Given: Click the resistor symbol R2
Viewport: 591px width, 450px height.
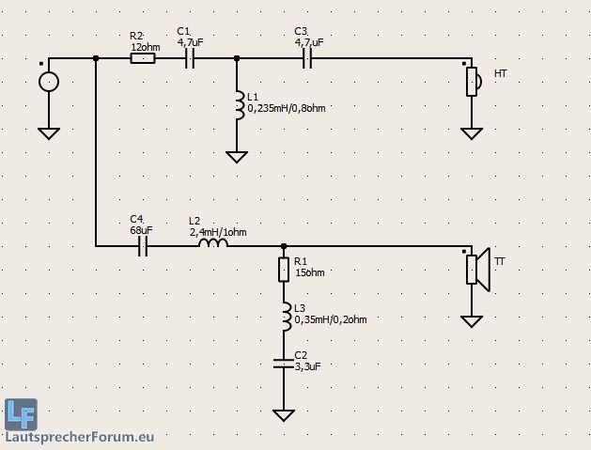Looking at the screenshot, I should [x=142, y=58].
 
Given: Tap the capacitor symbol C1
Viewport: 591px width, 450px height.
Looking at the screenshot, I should [x=189, y=58].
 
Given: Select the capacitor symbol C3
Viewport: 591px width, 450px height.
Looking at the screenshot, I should [x=306, y=58].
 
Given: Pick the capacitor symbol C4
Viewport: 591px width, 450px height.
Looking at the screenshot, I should [x=143, y=246].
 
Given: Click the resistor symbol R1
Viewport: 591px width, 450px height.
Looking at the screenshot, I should [x=284, y=270].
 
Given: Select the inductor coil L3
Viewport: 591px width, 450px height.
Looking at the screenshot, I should [x=285, y=317].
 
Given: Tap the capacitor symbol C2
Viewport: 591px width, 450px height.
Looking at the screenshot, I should [x=284, y=363].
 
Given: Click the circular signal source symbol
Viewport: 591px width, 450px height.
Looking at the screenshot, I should [x=49, y=82].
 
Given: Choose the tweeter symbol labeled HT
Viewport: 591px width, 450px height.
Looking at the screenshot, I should [x=473, y=81].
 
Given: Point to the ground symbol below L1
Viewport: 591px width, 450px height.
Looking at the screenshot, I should [x=237, y=156].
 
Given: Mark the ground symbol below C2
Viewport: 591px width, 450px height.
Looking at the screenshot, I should [x=284, y=414].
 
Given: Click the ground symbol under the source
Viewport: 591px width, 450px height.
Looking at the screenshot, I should [x=49, y=132].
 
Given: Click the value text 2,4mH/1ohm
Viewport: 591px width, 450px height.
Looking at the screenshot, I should [x=218, y=232].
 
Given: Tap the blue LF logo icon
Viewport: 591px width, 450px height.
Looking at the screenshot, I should [x=21, y=413].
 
